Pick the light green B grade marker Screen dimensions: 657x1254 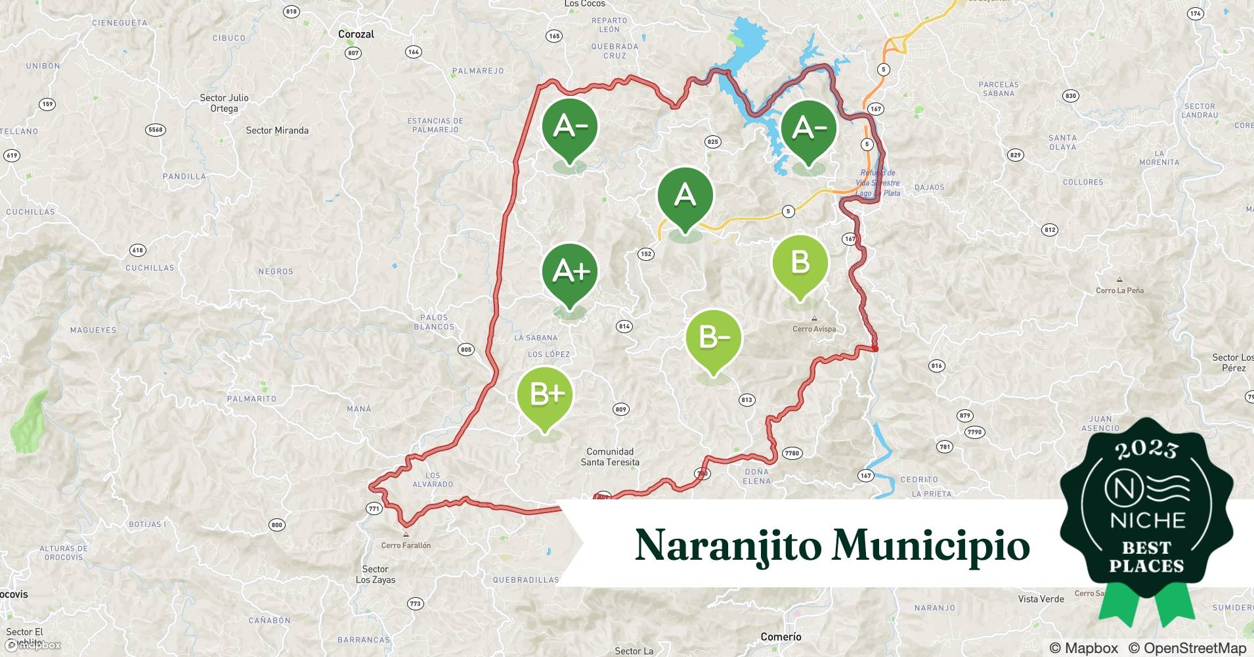tap(800, 263)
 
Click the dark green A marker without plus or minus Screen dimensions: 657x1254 tap(685, 196)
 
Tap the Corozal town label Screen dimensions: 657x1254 tap(356, 34)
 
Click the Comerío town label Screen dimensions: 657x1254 tap(781, 637)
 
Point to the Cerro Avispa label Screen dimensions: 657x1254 tap(814, 328)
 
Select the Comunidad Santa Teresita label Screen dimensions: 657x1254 tap(610, 457)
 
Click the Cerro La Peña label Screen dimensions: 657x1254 tap(1119, 290)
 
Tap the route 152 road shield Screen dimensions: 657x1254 tap(646, 254)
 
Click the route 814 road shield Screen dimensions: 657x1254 tap(624, 326)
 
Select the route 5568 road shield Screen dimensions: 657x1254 tap(155, 130)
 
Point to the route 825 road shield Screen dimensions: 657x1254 tap(712, 141)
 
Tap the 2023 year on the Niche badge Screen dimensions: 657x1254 tap(1146, 449)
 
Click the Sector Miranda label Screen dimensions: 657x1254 tap(277, 130)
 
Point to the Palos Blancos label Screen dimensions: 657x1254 tap(434, 322)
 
